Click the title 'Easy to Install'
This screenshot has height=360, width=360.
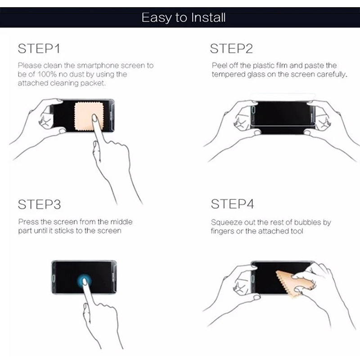(x=184, y=18)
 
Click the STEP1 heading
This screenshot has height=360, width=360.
(x=39, y=49)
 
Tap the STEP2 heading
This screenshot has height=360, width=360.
(x=231, y=49)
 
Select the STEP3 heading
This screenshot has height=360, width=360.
(x=39, y=204)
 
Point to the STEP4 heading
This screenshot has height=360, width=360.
(x=232, y=204)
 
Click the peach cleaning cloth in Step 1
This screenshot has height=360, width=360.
(x=89, y=117)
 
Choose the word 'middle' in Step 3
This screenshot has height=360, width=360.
(x=121, y=222)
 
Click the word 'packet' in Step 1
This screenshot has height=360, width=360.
(x=93, y=83)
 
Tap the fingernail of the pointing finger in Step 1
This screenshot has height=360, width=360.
(x=94, y=118)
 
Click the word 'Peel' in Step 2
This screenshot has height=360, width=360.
(x=219, y=65)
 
